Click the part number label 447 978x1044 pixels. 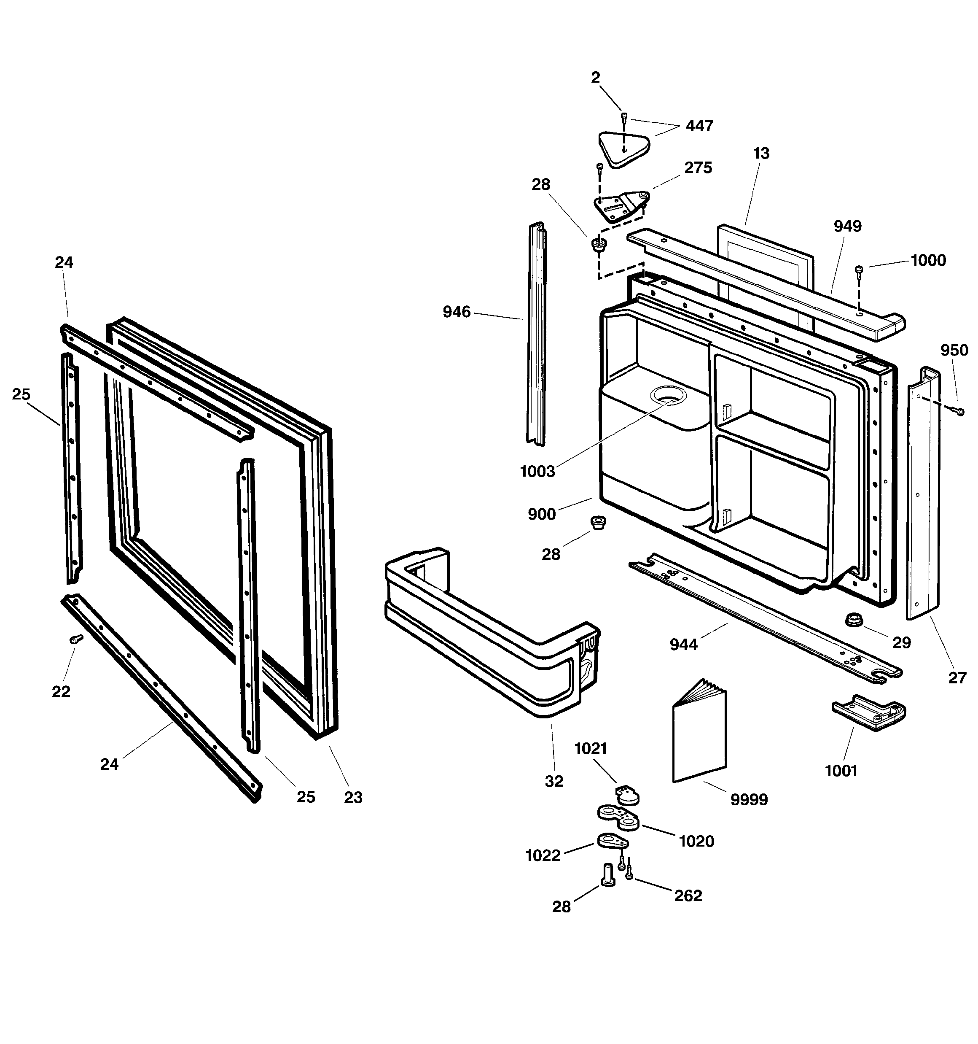699,126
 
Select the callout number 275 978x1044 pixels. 698,168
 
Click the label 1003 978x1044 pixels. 537,472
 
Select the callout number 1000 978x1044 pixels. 928,261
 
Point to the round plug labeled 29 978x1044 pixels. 854,620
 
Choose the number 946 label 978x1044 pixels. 456,312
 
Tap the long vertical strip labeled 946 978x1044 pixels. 536,336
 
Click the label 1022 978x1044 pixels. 543,855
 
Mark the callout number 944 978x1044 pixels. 683,645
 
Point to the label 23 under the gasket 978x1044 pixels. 353,798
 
